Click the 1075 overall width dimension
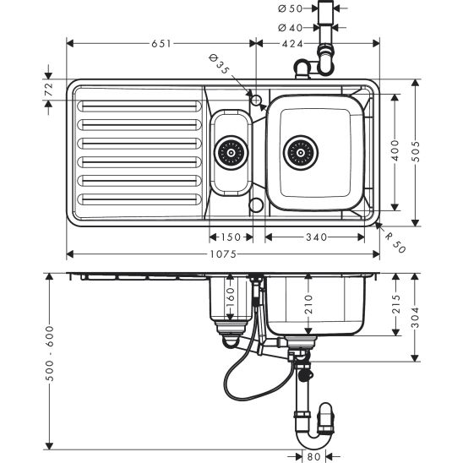tap(223, 254)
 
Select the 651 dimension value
tap(161, 44)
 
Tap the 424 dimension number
tap(292, 44)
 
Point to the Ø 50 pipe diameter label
tap(291, 8)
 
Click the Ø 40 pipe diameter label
tap(291, 28)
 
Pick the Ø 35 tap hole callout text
tap(219, 64)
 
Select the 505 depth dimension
tap(416, 151)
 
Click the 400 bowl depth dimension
tap(395, 150)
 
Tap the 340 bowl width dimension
tap(316, 237)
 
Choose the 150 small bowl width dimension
tap(231, 237)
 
